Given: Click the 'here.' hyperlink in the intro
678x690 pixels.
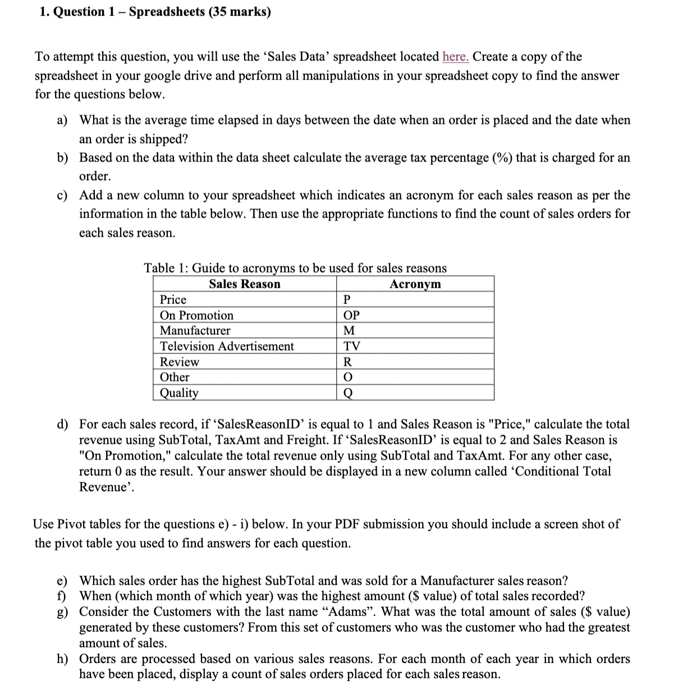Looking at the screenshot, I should click(455, 57).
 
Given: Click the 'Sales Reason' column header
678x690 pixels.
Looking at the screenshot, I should click(244, 284).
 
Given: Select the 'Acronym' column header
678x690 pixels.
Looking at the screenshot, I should click(415, 284).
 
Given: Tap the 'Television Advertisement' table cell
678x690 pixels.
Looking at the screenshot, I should click(227, 346).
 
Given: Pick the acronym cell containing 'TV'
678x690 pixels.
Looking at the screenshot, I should click(351, 346).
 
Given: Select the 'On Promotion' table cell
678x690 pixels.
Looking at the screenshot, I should click(196, 315).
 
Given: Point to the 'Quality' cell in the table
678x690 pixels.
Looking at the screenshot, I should click(179, 393).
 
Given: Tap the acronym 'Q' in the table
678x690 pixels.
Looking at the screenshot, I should click(347, 393).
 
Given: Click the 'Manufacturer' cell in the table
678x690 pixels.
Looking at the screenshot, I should click(195, 330).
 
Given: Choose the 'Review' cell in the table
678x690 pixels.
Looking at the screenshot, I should click(179, 362).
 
